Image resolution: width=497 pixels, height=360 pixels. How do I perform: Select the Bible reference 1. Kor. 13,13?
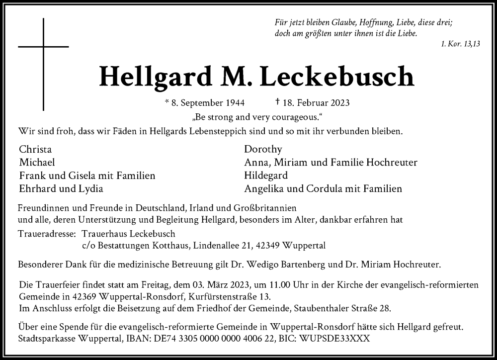pyautogui.click(x=460, y=44)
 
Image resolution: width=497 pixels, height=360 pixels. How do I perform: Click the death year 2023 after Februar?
pyautogui.click(x=336, y=103)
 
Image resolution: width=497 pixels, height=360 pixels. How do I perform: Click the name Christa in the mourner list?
pyautogui.click(x=35, y=149)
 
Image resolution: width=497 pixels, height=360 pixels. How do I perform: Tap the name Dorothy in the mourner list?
pyautogui.click(x=263, y=149)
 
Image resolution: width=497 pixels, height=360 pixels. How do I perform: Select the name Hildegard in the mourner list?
pyautogui.click(x=266, y=176)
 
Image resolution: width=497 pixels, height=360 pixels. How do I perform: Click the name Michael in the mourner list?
pyautogui.click(x=37, y=162)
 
